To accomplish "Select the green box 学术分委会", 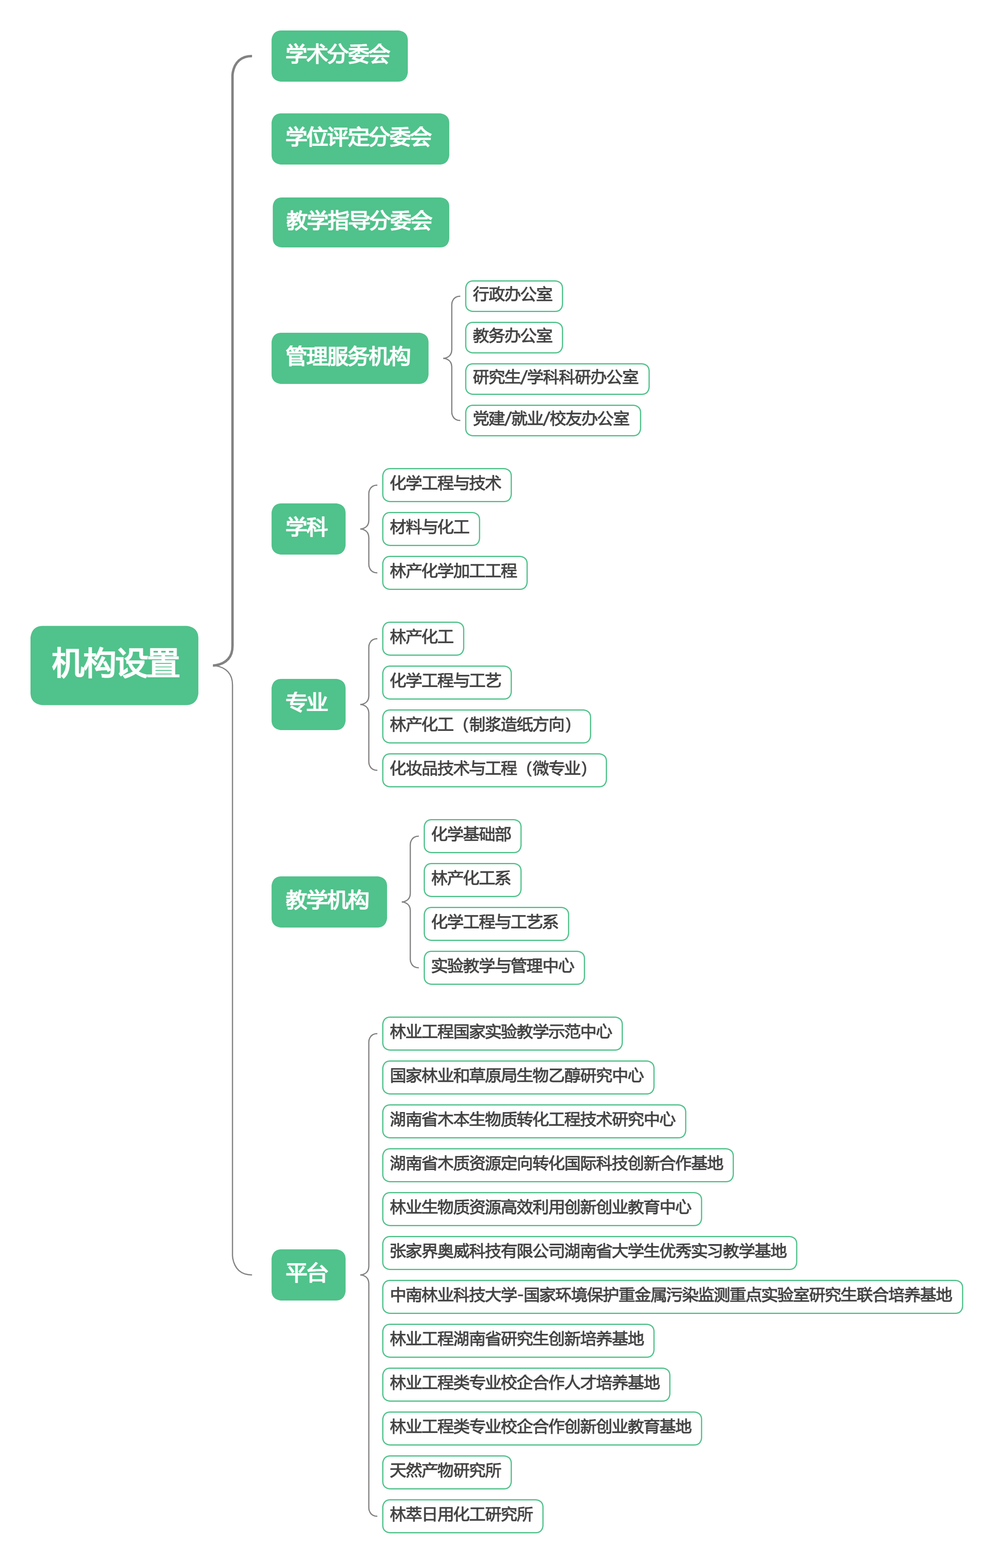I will click(339, 56).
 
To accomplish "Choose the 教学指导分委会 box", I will click(360, 222).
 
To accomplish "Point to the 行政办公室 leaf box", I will click(513, 296).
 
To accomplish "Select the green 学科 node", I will click(308, 528).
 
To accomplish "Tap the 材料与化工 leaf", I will click(431, 528).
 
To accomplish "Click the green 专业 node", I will click(308, 704).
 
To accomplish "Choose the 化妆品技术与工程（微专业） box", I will click(494, 770).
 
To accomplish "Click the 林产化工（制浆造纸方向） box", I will click(486, 726).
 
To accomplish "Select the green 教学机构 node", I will click(329, 902).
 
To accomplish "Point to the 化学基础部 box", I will click(472, 835).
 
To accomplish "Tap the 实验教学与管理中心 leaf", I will click(503, 967).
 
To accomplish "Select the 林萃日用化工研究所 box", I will click(462, 1515).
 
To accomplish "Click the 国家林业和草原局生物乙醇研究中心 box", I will click(518, 1077).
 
